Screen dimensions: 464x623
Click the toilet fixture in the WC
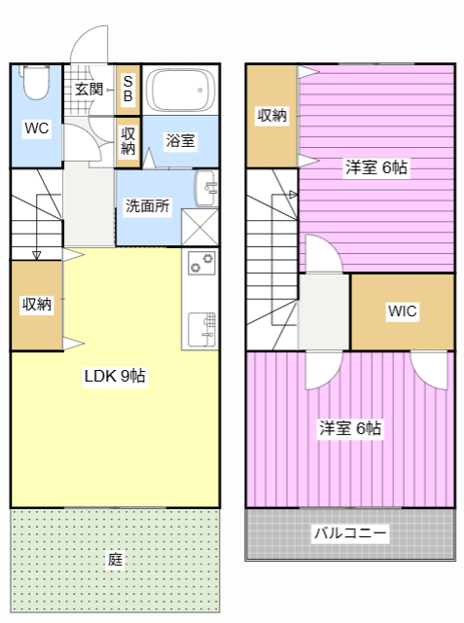(x=36, y=82)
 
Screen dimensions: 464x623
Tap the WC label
(x=37, y=128)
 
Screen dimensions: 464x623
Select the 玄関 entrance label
(x=89, y=89)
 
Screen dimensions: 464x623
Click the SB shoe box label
(x=127, y=89)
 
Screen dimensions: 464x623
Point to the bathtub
(x=180, y=91)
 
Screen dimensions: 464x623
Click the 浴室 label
(x=180, y=140)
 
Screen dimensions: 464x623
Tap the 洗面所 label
(x=147, y=205)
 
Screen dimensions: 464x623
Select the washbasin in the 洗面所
(x=206, y=188)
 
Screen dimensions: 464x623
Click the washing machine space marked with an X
(x=199, y=227)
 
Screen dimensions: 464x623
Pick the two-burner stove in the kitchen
(x=201, y=263)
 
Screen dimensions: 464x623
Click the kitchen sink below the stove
(x=202, y=329)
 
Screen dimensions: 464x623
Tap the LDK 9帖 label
(x=115, y=376)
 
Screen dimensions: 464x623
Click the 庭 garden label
(x=115, y=560)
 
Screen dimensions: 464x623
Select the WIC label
(x=403, y=311)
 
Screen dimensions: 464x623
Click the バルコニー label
(x=350, y=532)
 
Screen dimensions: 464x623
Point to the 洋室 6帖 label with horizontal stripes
(x=375, y=167)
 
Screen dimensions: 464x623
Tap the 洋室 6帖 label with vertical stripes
(x=350, y=428)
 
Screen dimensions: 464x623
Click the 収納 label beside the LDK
(x=37, y=305)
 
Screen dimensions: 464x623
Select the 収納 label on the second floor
(x=272, y=115)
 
